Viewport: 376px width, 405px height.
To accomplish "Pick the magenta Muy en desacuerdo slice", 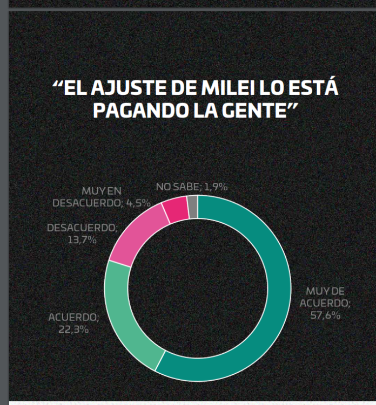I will click(175, 210).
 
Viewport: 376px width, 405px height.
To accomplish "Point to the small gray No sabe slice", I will click(193, 207).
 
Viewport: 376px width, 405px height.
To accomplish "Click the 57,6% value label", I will click(325, 315).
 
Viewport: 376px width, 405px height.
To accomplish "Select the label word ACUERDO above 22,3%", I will click(73, 317).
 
